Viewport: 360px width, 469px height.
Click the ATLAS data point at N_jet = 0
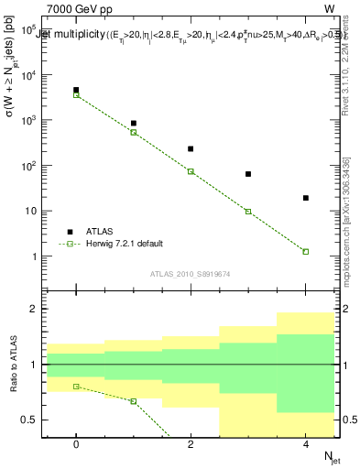click(x=76, y=90)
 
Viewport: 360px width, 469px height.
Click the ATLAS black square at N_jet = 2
click(x=191, y=148)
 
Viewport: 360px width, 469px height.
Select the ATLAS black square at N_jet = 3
click(x=248, y=173)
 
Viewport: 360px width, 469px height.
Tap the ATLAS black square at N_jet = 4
click(x=306, y=198)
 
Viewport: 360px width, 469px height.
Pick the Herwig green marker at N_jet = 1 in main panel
click(x=134, y=132)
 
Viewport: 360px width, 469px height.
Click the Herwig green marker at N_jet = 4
click(x=306, y=251)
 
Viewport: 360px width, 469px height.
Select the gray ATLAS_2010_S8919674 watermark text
click(x=191, y=273)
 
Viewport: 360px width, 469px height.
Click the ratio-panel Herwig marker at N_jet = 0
click(x=76, y=387)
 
